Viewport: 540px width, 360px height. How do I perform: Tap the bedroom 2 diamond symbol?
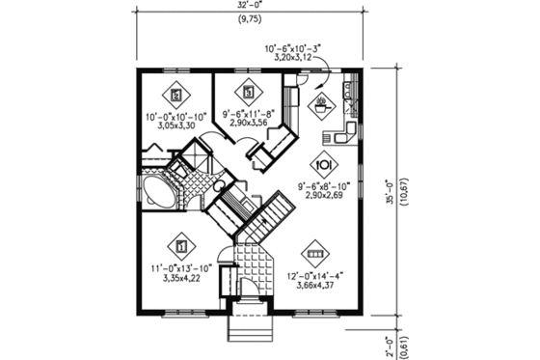[x=175, y=95]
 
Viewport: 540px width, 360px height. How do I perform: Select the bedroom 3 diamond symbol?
[x=250, y=93]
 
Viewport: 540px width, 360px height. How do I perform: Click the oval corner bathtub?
[x=154, y=189]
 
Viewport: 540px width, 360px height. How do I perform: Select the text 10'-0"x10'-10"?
[x=176, y=117]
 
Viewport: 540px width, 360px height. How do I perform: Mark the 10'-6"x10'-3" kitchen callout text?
[x=296, y=46]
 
